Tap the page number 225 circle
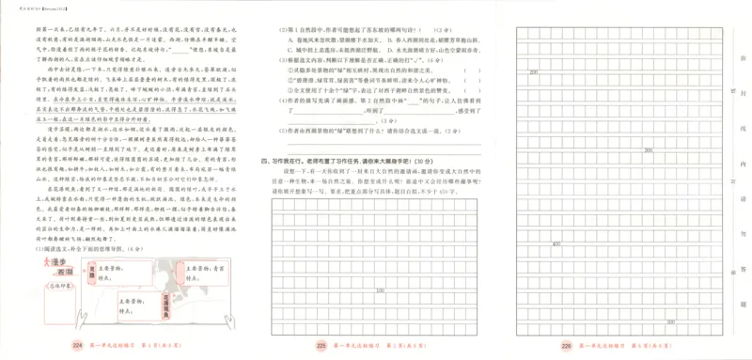[321, 345]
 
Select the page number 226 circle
[566, 345]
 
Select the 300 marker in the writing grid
[648, 149]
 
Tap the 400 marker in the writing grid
[556, 243]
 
